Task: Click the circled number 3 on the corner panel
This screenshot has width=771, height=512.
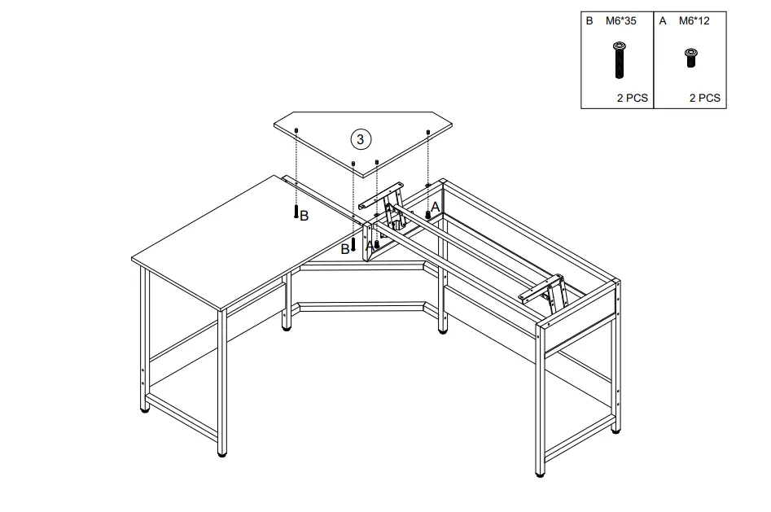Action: (x=361, y=138)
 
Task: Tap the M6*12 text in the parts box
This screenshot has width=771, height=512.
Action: (x=694, y=20)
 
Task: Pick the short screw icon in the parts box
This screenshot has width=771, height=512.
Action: (x=691, y=56)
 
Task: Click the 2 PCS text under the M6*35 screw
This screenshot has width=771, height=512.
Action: (x=633, y=98)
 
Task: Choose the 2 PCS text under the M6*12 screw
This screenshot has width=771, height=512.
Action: (x=704, y=98)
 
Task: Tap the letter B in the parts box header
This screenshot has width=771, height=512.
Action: (x=589, y=20)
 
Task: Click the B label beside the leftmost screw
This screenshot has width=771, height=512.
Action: (x=304, y=216)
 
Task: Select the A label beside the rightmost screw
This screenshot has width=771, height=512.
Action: (x=435, y=208)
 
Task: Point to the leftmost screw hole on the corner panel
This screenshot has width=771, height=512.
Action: (x=297, y=129)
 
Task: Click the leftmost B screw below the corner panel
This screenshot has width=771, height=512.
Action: (x=296, y=211)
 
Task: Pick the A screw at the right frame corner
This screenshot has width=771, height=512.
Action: (x=427, y=214)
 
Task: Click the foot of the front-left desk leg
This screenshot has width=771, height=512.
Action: (x=222, y=452)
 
